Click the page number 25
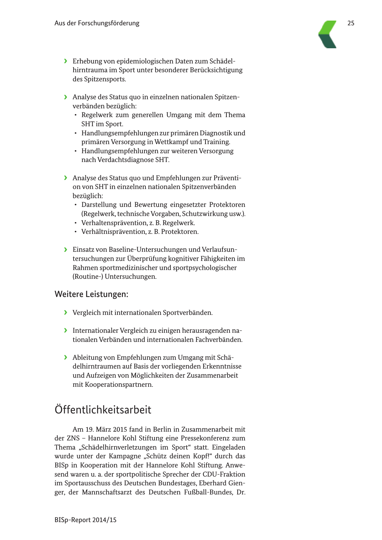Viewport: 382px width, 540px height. click(351, 23)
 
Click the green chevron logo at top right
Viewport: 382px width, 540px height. click(328, 34)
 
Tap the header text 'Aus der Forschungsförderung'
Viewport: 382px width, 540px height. click(97, 23)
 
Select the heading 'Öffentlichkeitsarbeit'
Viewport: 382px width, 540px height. click(103, 409)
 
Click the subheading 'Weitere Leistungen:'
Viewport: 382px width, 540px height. click(91, 294)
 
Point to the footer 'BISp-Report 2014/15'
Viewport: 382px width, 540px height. click(85, 520)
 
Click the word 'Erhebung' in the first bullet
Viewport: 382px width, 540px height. click(87, 61)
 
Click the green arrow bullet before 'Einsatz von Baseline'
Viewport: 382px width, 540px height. click(65, 249)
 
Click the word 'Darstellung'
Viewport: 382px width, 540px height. click(99, 205)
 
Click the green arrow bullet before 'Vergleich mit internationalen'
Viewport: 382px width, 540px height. click(65, 313)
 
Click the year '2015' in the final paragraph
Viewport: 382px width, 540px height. click(120, 429)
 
